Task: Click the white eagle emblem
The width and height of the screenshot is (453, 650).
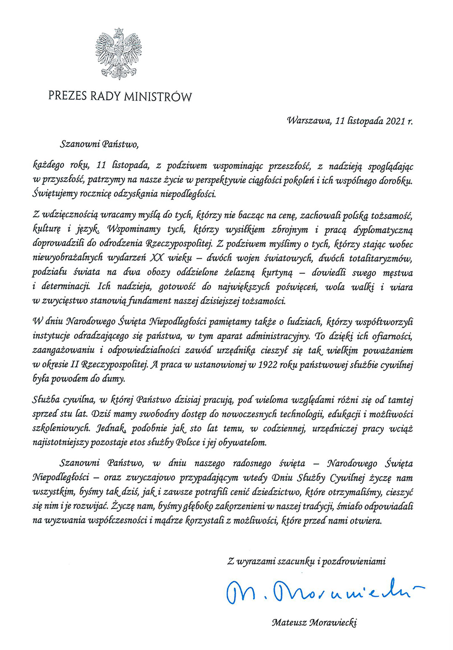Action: [x=118, y=54]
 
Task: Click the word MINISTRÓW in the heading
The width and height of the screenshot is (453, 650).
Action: [x=158, y=97]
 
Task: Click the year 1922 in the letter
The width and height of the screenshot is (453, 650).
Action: [x=267, y=365]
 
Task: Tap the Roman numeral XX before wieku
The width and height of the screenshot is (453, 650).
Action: [x=157, y=258]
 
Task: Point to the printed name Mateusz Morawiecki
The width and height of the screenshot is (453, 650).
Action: [x=314, y=622]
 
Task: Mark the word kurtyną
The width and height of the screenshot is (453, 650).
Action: [x=277, y=272]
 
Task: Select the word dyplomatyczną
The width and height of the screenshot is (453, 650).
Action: [x=383, y=230]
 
